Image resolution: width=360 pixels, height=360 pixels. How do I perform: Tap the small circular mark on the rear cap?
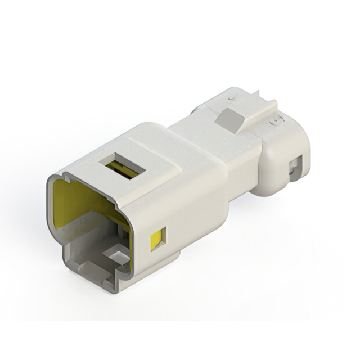point(276,120)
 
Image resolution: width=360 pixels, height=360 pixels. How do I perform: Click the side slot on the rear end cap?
point(293,169)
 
